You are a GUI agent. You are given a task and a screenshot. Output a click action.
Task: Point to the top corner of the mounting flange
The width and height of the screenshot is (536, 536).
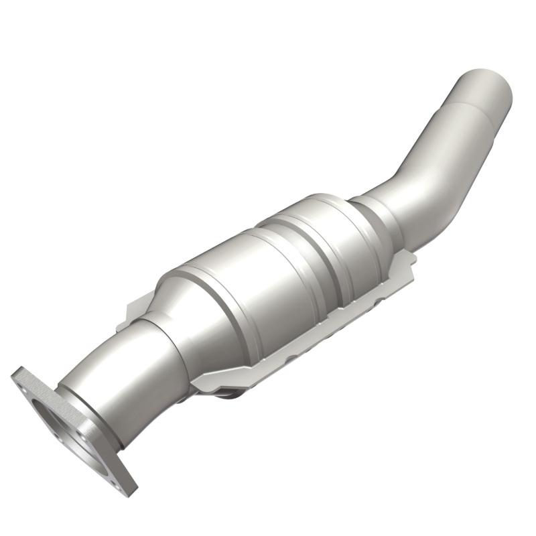coord(20,371)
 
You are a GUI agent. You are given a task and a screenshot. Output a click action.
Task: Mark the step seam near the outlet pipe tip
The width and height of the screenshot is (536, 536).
coord(462,107)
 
